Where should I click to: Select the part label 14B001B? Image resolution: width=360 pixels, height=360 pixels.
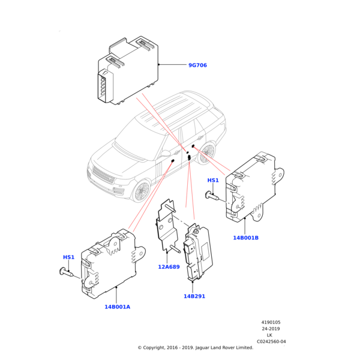tap(246, 238)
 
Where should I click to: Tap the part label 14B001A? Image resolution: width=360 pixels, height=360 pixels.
tap(117, 307)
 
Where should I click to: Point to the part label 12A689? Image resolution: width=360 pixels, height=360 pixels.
tap(169, 266)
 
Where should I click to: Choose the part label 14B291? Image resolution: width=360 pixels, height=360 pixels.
tap(195, 296)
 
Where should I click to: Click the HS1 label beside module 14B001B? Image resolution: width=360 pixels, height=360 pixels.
tap(213, 180)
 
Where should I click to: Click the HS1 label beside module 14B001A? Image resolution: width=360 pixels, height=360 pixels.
tap(68, 257)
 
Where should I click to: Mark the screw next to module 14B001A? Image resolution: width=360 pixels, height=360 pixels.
tap(67, 272)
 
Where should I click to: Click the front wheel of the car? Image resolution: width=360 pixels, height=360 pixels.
tap(142, 191)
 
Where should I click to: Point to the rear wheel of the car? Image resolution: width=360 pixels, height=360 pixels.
tap(207, 154)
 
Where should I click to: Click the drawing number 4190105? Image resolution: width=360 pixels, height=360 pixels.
tap(271, 322)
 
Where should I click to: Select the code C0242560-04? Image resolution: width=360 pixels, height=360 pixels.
tap(271, 341)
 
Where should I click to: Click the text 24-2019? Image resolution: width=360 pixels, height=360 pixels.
tap(271, 329)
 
